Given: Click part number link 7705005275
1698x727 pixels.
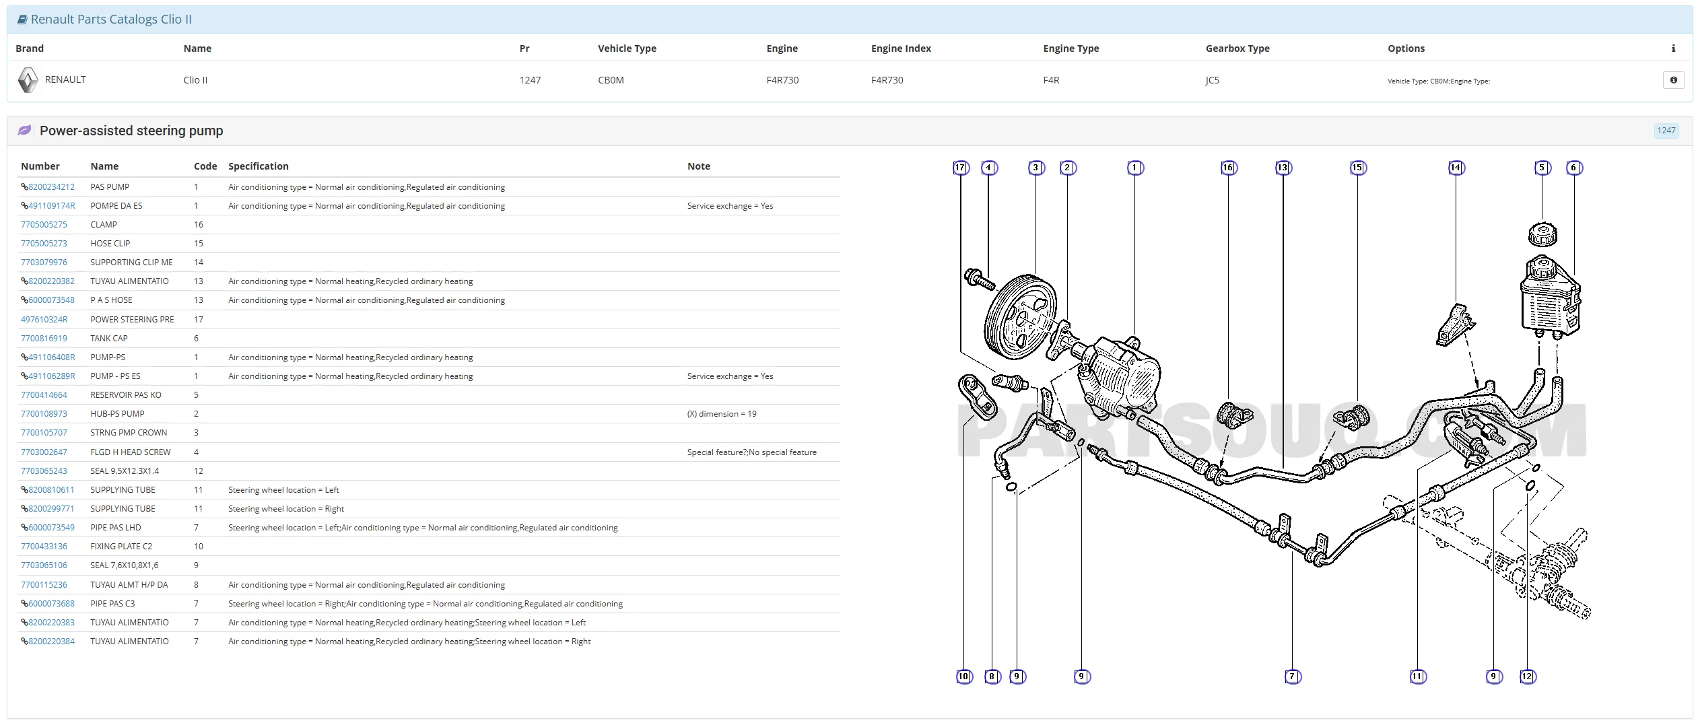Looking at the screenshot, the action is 44,225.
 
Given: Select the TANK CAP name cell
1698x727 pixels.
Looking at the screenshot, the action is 109,339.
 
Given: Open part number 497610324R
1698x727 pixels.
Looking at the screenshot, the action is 44,320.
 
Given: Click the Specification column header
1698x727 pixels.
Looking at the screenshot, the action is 259,166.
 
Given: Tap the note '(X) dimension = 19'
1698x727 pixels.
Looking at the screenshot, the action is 722,414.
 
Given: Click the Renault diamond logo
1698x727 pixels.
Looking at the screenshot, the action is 28,80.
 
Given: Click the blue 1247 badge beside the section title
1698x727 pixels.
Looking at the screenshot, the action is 1666,131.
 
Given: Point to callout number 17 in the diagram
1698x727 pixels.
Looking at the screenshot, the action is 960,168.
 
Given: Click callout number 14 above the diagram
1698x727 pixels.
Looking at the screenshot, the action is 1456,168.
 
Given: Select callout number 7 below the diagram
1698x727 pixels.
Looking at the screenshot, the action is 1292,677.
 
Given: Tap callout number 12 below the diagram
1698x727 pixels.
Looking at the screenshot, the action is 1527,677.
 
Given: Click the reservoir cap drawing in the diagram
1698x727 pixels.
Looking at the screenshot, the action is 1542,234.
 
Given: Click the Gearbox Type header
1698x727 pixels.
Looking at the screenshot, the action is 1237,48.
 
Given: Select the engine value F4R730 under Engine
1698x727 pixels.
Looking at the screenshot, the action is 782,80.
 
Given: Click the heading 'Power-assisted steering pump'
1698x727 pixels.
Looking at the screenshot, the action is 131,131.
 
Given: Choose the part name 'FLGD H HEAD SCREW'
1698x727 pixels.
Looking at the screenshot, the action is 131,452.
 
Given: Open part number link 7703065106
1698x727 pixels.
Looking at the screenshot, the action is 44,565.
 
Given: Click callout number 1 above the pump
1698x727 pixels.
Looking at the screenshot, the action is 1134,168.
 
